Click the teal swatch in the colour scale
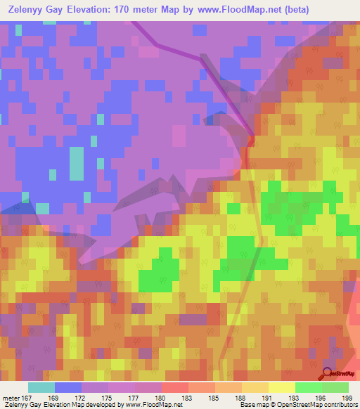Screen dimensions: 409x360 41,388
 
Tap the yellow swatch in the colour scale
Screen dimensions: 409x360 281,388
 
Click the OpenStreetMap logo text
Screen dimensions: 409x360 345,376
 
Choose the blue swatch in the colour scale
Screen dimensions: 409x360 68,388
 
